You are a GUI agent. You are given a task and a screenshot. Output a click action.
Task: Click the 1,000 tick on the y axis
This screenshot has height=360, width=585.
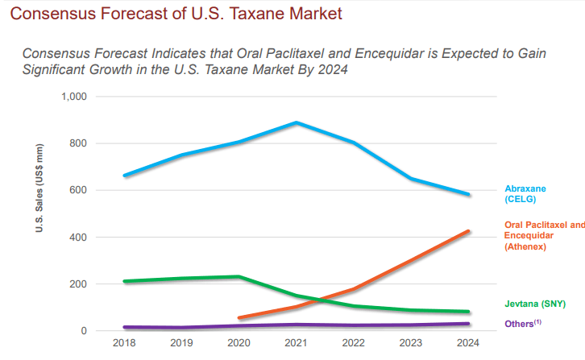click(x=75, y=97)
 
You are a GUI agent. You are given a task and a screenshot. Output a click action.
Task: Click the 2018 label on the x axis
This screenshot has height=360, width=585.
click(x=125, y=343)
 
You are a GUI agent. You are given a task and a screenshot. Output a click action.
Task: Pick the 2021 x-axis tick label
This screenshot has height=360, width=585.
click(x=297, y=343)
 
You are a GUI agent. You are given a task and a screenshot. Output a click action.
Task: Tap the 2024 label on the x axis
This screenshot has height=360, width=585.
click(x=468, y=343)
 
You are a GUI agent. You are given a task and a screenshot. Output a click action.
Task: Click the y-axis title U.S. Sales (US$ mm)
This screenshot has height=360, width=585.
click(x=38, y=189)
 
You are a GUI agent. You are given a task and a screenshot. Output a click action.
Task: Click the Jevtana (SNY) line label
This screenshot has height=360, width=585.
click(x=535, y=304)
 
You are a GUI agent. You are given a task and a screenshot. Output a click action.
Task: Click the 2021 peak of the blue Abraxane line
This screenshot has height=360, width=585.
click(x=297, y=122)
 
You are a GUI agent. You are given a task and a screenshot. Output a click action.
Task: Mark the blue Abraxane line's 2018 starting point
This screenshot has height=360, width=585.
click(x=125, y=175)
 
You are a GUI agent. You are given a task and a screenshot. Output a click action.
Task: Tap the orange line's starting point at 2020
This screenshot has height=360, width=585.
click(x=240, y=318)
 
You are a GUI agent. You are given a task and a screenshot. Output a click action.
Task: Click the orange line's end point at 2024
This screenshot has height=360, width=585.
click(x=468, y=231)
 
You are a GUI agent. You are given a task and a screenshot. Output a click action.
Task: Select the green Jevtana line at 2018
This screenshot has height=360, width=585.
click(x=125, y=281)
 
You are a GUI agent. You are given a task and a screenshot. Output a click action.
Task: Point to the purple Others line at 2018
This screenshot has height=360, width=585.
click(x=125, y=327)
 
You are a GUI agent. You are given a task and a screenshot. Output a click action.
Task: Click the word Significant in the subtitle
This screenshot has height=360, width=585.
click(x=55, y=68)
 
